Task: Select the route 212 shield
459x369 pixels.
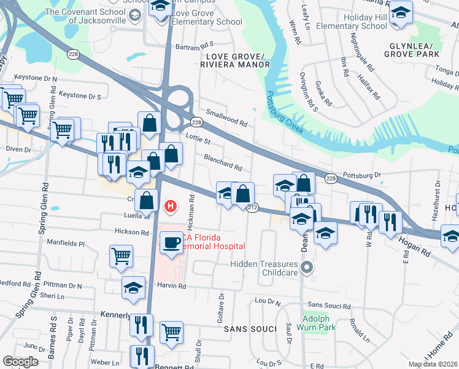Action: (252, 208)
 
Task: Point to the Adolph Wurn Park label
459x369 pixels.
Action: (317, 323)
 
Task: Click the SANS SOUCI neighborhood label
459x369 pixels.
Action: (248, 329)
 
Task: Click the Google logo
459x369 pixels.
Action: (20, 362)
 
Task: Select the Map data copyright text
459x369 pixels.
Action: (433, 364)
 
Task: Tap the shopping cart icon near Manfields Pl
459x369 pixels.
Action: (121, 255)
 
